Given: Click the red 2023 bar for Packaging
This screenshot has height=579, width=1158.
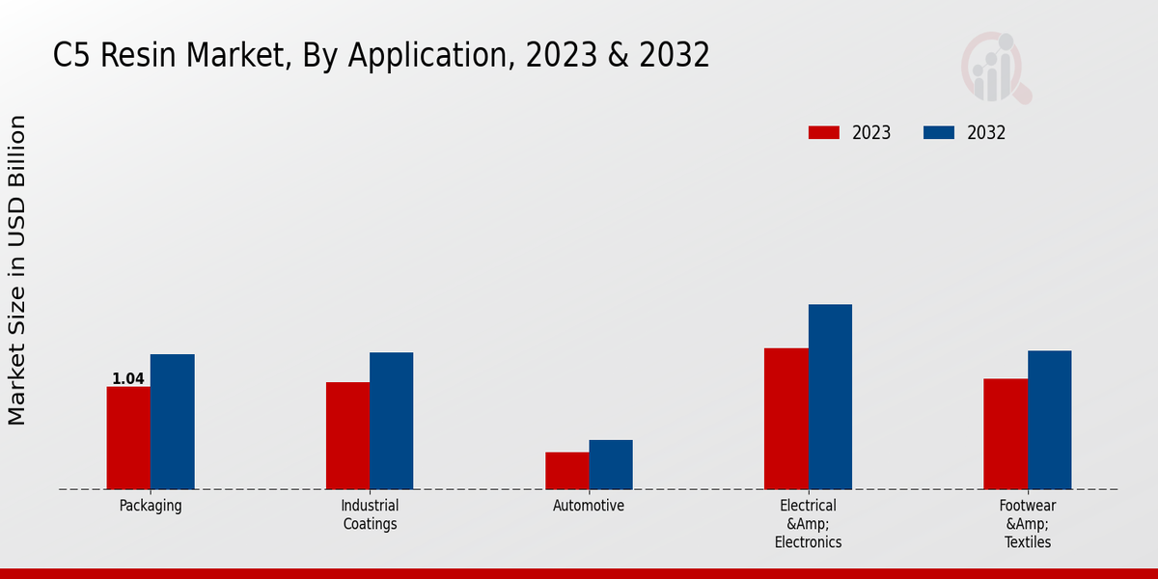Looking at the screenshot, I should [128, 438].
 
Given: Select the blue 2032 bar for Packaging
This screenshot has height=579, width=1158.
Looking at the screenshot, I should [172, 422].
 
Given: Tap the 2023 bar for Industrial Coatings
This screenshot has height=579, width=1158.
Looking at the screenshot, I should [347, 435].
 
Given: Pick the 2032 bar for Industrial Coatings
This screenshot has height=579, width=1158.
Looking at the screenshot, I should [391, 421].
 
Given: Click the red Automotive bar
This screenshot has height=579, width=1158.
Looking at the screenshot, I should [566, 471].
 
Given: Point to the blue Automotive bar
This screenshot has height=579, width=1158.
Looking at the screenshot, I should [611, 464].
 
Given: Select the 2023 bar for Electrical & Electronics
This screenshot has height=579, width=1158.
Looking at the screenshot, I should [786, 419].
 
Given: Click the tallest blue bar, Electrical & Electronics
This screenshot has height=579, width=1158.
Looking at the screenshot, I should [830, 397].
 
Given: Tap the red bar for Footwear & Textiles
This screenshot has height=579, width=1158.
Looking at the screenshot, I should [1006, 434].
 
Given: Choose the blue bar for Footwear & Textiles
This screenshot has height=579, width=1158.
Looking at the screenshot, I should [1049, 420].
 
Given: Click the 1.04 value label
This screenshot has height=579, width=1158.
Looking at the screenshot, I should [128, 379].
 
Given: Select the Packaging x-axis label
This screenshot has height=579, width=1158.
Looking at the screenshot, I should [151, 506].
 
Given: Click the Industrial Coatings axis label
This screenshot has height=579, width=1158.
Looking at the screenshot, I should [370, 515].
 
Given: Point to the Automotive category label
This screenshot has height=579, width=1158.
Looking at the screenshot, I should [589, 506].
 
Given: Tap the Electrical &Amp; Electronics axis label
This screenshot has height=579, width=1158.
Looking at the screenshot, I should [809, 524].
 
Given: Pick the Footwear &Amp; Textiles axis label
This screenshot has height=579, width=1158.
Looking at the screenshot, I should [1028, 524].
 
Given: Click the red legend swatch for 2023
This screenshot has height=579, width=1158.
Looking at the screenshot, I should [824, 133].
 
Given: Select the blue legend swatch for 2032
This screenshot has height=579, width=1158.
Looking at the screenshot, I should [939, 133].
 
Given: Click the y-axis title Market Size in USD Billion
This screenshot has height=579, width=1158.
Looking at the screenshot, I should [17, 270].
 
